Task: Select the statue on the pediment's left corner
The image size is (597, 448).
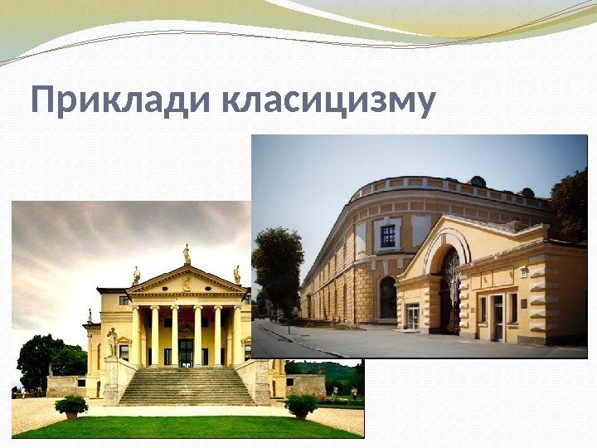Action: pyautogui.click(x=136, y=275)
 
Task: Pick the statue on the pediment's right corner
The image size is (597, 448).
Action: pyautogui.click(x=236, y=275)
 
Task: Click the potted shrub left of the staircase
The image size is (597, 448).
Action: pyautogui.click(x=71, y=407)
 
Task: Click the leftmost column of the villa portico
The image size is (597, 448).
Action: pyautogui.click(x=135, y=336)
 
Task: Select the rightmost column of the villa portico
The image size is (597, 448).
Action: pyautogui.click(x=237, y=336)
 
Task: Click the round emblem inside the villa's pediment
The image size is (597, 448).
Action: pyautogui.click(x=187, y=284)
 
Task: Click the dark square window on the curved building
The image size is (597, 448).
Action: pyautogui.click(x=387, y=236)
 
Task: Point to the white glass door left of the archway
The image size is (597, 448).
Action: pyautogui.click(x=412, y=316)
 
